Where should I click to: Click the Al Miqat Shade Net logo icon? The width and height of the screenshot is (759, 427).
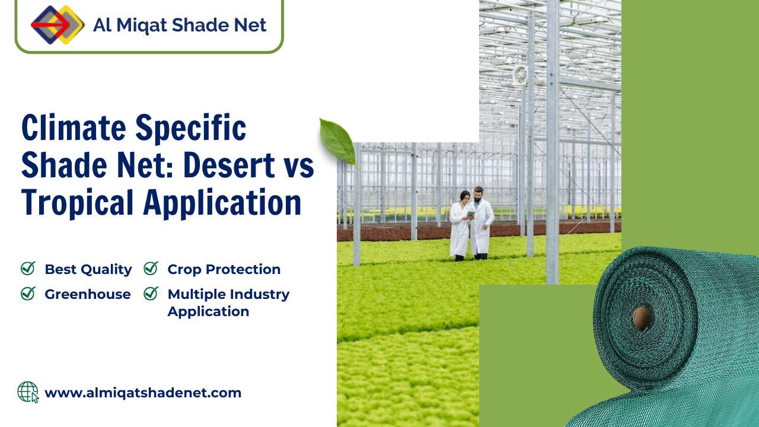click(58, 25)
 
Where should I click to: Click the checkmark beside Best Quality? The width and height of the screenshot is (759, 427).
click(28, 269)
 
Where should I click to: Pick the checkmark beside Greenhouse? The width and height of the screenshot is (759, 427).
click(28, 293)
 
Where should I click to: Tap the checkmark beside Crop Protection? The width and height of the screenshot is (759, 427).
click(151, 269)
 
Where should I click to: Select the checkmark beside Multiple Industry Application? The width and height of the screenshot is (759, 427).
click(151, 293)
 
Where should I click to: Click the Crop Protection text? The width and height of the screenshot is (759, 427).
click(224, 269)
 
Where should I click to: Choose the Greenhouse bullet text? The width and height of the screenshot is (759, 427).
click(88, 294)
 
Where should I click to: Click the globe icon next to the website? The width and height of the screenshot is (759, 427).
click(27, 392)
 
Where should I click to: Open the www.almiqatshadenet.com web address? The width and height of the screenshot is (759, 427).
click(143, 393)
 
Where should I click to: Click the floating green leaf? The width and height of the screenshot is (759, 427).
click(339, 141)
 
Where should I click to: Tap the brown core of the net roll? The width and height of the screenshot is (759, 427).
click(641, 318)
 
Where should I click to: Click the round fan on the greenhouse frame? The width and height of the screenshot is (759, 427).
click(520, 75)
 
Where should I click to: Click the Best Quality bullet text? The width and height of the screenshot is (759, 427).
click(88, 269)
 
